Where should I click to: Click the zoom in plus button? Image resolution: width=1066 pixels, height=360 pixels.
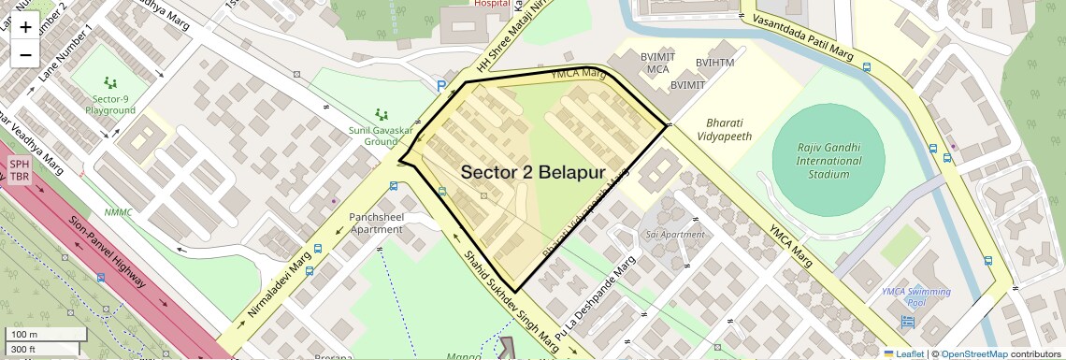(x=25, y=27)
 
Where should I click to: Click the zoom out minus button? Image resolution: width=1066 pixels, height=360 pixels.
(x=25, y=54)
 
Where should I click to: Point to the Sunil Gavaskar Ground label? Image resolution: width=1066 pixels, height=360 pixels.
(x=380, y=137)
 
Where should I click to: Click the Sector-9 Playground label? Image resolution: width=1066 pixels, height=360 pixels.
(x=113, y=105)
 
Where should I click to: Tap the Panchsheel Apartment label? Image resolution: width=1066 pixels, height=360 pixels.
(x=375, y=223)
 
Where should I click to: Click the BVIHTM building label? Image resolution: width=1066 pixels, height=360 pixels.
(x=714, y=63)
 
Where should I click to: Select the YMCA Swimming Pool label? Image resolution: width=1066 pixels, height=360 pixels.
(x=916, y=297)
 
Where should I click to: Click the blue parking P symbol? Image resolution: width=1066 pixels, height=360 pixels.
(x=441, y=86)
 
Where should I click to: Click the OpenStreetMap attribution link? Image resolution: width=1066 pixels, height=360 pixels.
(x=973, y=353)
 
